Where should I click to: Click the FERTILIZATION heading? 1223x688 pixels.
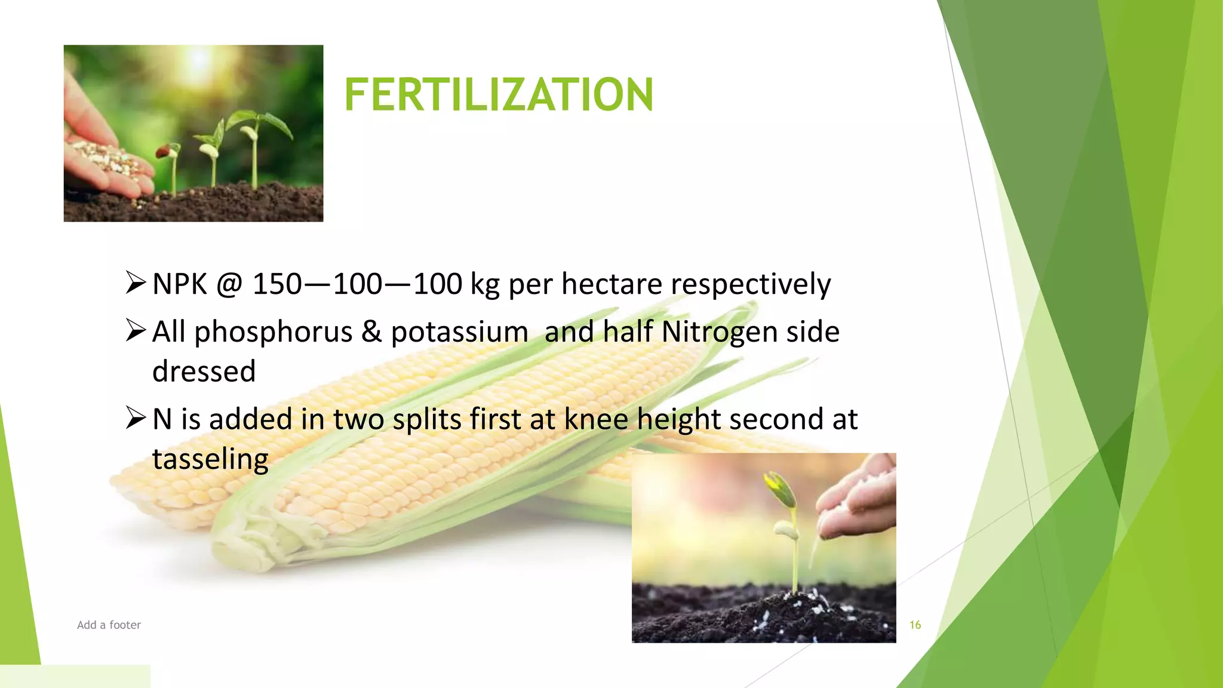click(x=499, y=95)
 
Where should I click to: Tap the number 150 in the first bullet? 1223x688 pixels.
click(x=277, y=284)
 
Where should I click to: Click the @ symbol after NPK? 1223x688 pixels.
click(x=229, y=284)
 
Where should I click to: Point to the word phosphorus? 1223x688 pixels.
click(x=273, y=332)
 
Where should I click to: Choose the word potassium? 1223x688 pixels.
click(x=459, y=332)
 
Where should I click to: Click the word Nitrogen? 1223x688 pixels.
click(x=719, y=332)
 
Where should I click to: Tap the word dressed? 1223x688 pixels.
click(x=204, y=371)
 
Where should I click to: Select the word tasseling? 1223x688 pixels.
click(x=210, y=459)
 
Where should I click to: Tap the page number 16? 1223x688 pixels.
click(x=915, y=625)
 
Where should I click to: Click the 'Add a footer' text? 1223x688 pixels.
click(x=109, y=625)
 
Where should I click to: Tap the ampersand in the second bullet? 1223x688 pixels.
click(x=371, y=332)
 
